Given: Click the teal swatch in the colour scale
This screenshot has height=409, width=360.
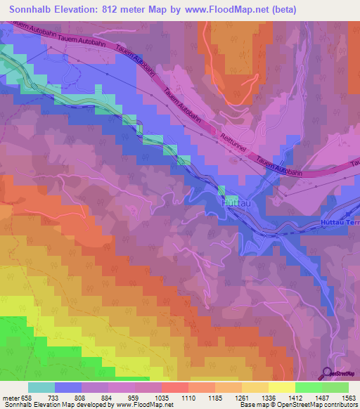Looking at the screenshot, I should point(41,387).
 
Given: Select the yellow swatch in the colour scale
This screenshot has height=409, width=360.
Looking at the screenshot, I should point(281,387).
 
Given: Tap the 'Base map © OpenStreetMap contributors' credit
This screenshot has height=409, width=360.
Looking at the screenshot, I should point(296,405).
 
